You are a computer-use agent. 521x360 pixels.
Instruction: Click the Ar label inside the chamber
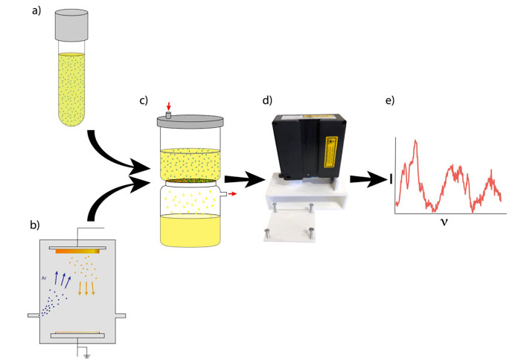[x=45, y=277]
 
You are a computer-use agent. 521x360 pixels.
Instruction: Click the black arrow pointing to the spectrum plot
[x=366, y=179]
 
